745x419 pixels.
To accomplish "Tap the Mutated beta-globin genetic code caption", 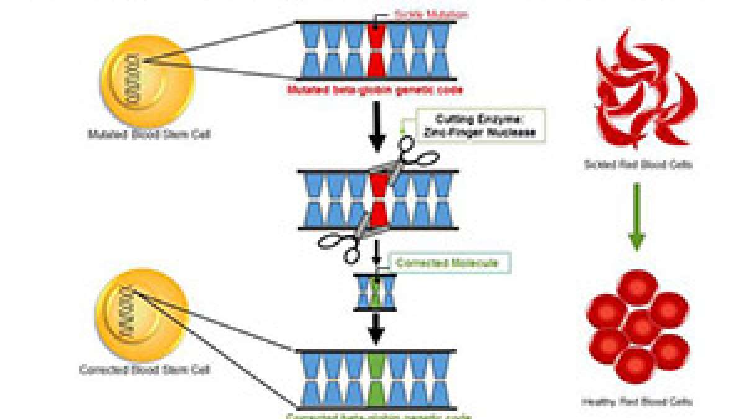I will (375, 90).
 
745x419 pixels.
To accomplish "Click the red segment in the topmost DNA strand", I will (376, 50).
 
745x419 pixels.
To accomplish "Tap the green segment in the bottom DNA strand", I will (376, 379).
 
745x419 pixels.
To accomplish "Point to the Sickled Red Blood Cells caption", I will (638, 165).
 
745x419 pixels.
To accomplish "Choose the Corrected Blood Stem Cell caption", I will (144, 369).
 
